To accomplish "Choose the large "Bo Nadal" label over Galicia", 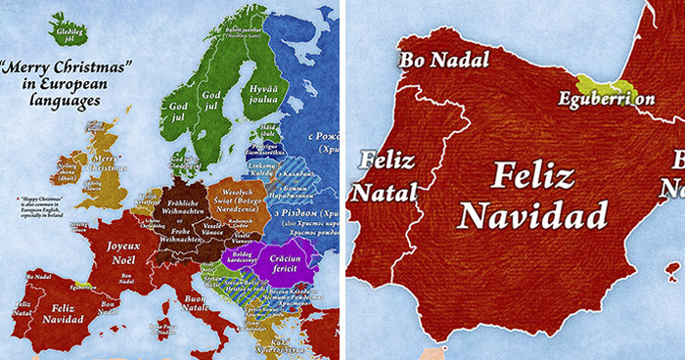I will pos(443,60).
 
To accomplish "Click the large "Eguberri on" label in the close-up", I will pos(607,99).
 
